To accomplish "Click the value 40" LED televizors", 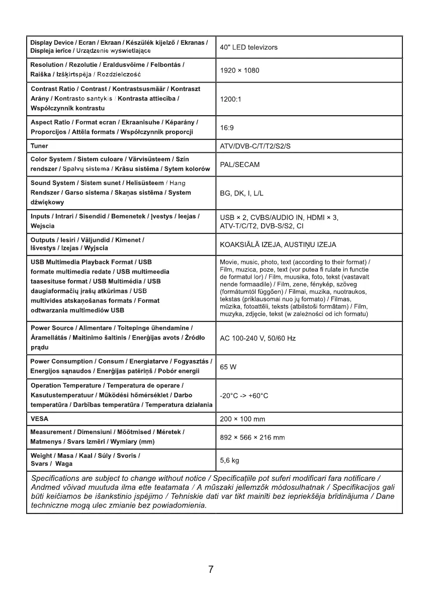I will (248, 47).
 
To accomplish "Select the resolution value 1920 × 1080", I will (239, 70).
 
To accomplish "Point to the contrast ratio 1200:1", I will (231, 99).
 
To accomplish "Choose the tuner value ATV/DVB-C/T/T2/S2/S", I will (255, 146).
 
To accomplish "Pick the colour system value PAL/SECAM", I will (240, 165).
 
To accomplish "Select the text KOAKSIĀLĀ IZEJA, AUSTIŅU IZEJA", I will (278, 245).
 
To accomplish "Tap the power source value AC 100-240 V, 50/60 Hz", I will (258, 338).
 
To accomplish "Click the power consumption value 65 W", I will (228, 367).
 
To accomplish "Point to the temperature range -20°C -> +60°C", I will (244, 396).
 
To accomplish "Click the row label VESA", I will (39, 419).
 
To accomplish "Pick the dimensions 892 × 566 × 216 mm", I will (252, 438).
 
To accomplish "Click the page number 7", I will (211, 569).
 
